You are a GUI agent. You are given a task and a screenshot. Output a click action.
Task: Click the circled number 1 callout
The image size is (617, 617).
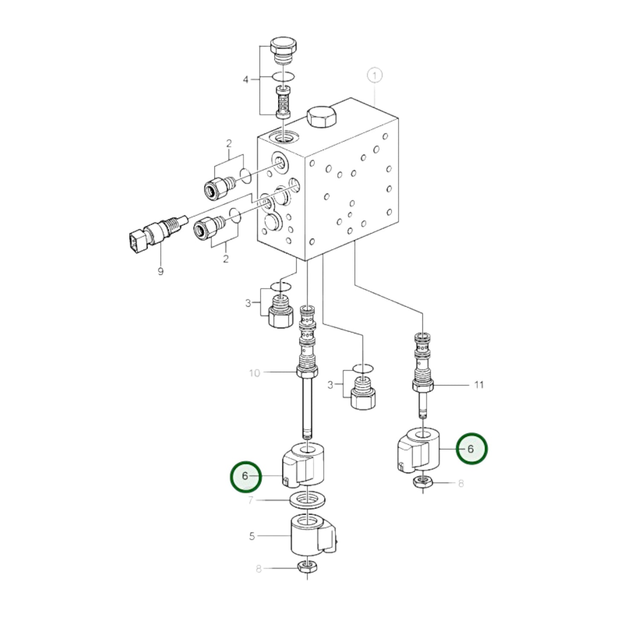pos(374,76)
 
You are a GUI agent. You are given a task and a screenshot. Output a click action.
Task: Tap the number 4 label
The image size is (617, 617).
pos(246,79)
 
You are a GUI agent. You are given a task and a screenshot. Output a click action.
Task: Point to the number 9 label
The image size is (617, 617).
pos(161,272)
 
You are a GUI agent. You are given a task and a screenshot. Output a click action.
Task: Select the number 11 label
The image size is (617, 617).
pos(479,385)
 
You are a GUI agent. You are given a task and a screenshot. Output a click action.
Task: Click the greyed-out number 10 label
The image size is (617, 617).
pos(254,373)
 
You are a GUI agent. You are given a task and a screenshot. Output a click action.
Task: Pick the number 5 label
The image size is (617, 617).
pos(252,536)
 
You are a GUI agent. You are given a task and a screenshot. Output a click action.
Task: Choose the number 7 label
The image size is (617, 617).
pos(251,500)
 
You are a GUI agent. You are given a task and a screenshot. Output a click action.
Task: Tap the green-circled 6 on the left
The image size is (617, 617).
pos(246,476)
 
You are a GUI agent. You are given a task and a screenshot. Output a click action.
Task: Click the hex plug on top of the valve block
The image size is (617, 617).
pos(321,116)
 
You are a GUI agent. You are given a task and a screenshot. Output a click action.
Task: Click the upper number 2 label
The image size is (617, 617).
pos(229,144)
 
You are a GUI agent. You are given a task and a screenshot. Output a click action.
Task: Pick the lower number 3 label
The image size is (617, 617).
pos(330,385)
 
